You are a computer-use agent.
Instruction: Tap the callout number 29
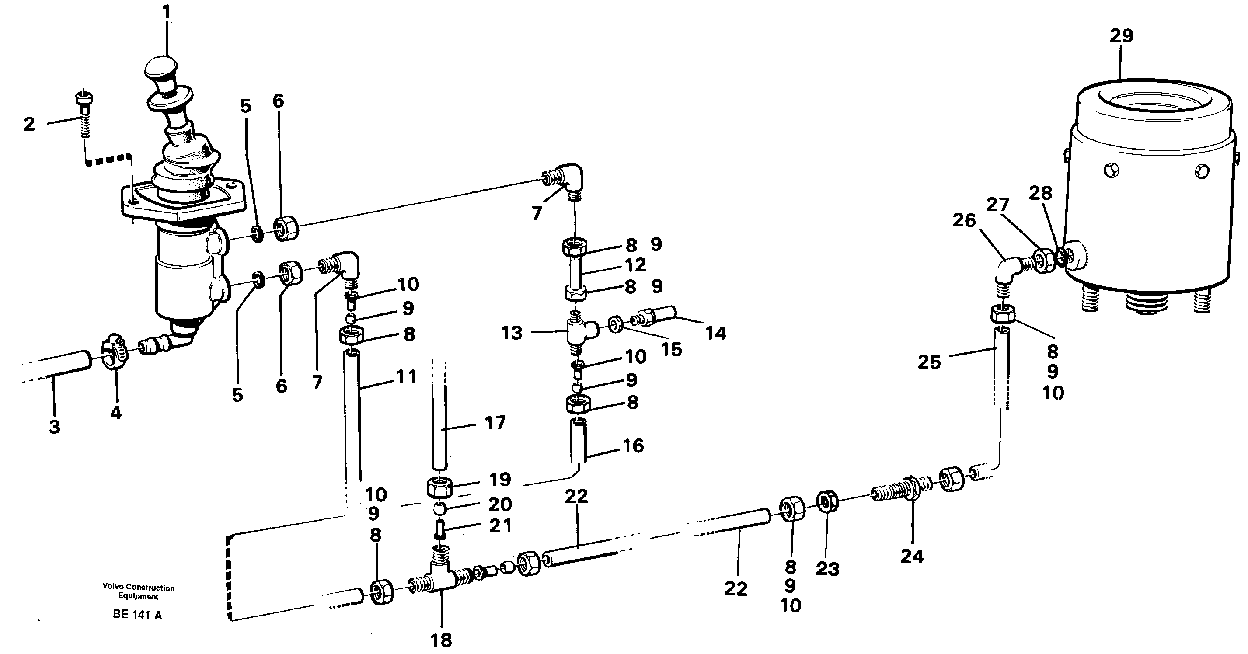coord(1121,36)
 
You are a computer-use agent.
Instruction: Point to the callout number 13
coord(512,333)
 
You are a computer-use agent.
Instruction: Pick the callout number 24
coord(912,557)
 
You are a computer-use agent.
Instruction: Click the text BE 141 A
coord(137,615)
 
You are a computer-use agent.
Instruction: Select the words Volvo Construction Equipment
coord(139,592)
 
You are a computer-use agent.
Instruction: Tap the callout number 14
coord(715,334)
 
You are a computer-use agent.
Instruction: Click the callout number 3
coord(54,427)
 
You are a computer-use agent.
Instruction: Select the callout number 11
coord(406,377)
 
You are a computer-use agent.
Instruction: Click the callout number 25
coord(929,362)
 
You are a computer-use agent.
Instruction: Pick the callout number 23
coord(827,569)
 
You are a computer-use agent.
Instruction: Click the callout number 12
coord(635,265)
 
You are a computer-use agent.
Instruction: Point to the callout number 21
coord(500,526)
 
